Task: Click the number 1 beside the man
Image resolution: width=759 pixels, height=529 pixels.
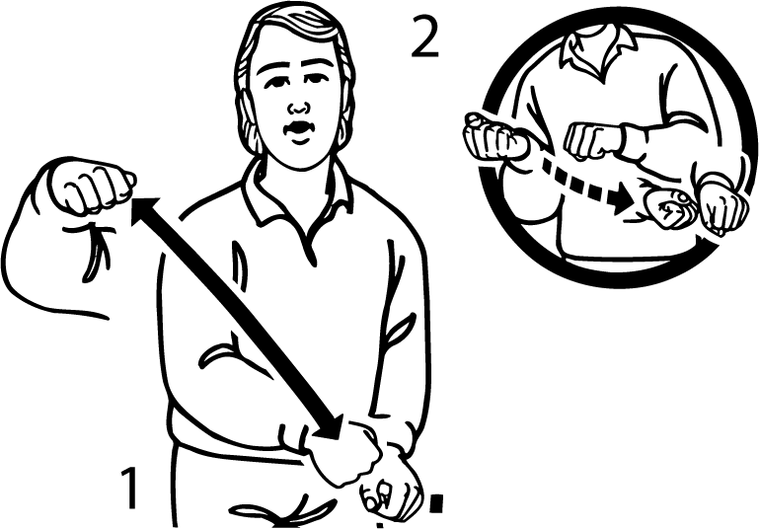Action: click(x=130, y=488)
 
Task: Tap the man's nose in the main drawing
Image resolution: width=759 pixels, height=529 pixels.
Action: click(x=294, y=103)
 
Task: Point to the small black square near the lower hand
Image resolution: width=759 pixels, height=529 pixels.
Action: click(x=435, y=505)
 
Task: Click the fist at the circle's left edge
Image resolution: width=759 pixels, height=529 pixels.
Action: click(x=494, y=137)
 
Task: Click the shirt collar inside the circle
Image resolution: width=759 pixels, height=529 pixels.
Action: click(x=601, y=45)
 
